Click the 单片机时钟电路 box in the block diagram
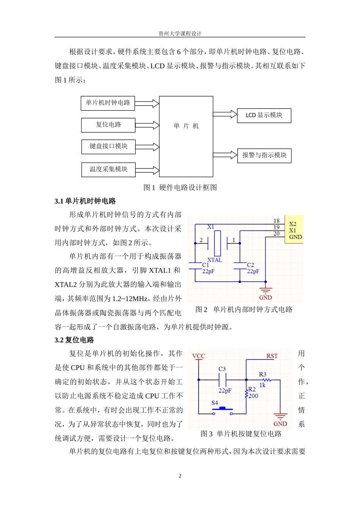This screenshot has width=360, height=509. point(108,103)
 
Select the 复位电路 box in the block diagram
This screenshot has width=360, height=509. point(108,125)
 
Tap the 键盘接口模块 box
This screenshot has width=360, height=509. point(108,147)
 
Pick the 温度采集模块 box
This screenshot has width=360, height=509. point(108,169)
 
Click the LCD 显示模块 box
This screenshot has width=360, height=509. point(264,115)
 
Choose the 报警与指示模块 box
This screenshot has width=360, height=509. point(264,155)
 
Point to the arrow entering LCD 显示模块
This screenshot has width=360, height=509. point(225,114)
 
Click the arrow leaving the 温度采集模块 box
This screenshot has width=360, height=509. point(147,170)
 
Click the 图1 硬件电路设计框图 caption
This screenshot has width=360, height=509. point(180,187)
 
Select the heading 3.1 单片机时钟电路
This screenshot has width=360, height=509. point(85,201)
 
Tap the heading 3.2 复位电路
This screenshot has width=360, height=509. point(74,340)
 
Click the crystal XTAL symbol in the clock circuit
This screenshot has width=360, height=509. point(217,243)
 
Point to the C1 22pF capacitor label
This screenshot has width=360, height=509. point(208,268)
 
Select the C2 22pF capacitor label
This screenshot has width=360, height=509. point(253,268)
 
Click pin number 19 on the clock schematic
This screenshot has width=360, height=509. point(276,227)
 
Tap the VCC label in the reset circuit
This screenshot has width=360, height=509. point(199,356)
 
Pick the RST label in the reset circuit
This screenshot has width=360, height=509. point(272,356)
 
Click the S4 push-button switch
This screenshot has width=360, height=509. point(223,409)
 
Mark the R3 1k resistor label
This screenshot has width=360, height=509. point(263,379)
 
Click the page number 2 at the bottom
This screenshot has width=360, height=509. point(180,476)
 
